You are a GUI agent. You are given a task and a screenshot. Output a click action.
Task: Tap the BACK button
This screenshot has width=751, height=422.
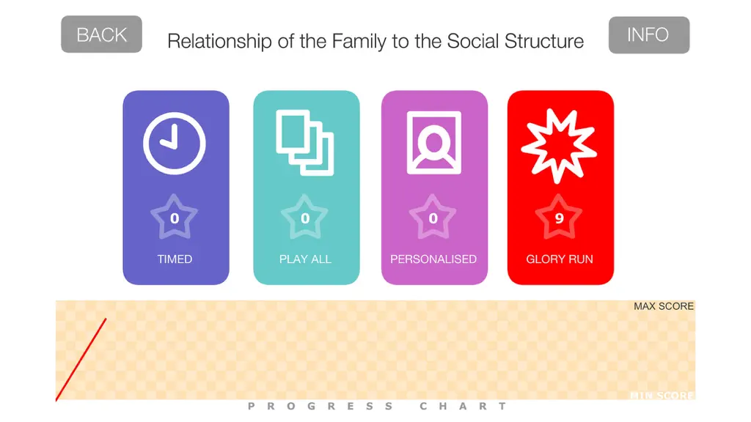point(101,34)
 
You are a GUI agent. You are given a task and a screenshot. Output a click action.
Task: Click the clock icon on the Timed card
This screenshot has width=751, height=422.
point(175,144)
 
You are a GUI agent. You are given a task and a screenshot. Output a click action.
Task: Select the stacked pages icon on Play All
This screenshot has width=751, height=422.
point(305,143)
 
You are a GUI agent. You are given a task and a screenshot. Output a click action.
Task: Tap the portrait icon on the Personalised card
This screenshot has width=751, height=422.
point(434,143)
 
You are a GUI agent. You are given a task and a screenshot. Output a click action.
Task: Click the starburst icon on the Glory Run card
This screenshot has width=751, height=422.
point(559,146)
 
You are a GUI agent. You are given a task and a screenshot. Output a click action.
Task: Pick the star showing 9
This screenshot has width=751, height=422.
point(559,218)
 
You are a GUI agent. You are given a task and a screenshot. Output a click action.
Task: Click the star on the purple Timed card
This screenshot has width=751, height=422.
point(175,218)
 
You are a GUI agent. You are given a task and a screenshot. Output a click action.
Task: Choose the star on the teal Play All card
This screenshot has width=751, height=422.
point(304,218)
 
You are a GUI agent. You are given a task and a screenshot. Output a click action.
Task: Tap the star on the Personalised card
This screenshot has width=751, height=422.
point(433,218)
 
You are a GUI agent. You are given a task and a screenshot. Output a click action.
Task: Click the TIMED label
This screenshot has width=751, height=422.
point(175,259)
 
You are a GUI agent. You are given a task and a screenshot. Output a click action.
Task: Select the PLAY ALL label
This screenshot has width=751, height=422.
point(305,259)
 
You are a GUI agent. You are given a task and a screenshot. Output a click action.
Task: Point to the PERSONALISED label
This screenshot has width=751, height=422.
point(433,259)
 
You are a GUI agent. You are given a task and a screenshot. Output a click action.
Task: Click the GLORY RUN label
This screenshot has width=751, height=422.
point(560,259)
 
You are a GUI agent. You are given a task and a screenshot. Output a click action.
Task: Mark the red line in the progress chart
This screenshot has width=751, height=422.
point(81,360)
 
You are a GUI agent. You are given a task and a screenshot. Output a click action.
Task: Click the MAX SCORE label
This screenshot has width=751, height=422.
point(664,306)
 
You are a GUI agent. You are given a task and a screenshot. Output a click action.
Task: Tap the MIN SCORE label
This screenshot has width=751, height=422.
point(662,396)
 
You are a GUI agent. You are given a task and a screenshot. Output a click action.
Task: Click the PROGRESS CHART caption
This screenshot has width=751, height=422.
point(378,406)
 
